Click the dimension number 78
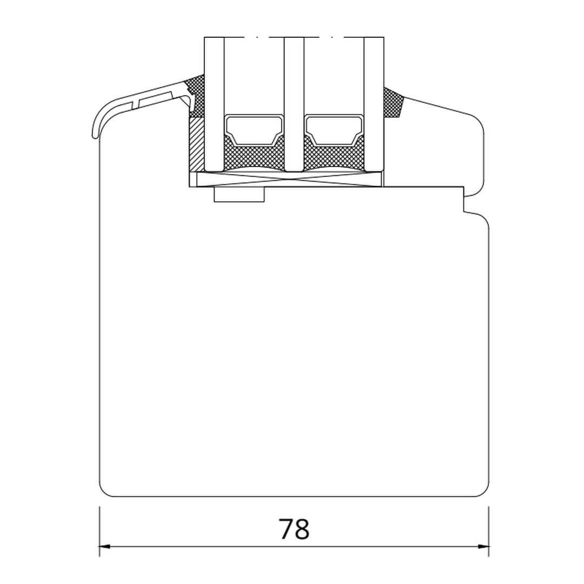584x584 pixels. (294, 528)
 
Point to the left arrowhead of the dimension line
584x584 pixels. (105, 547)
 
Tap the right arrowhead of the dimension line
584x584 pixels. (483, 547)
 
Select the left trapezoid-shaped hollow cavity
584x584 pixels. (254, 130)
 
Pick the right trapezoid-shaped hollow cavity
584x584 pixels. (334, 130)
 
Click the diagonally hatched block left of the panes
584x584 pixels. (197, 145)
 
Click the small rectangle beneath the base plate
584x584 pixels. (239, 195)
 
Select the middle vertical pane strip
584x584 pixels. (294, 104)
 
